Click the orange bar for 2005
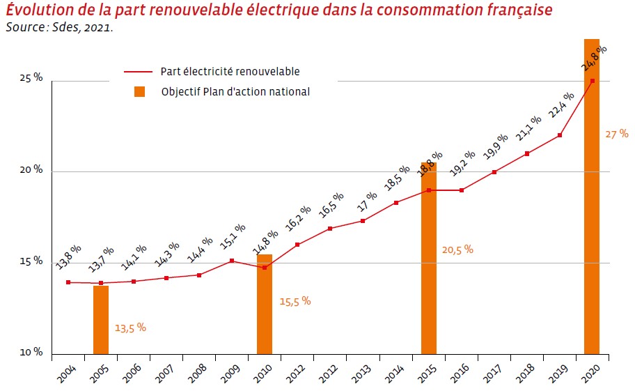coord(101,319)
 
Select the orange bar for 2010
coord(265,304)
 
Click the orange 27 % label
coord(616,133)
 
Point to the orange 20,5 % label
coord(458,249)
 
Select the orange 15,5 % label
coord(295,302)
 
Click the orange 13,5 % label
coord(130,328)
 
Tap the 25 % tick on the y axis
coord(31,78)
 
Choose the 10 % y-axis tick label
coord(31,353)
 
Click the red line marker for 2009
coord(232,261)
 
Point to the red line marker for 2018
coord(527,153)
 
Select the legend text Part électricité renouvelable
coord(230,71)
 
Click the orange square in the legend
coord(140,91)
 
